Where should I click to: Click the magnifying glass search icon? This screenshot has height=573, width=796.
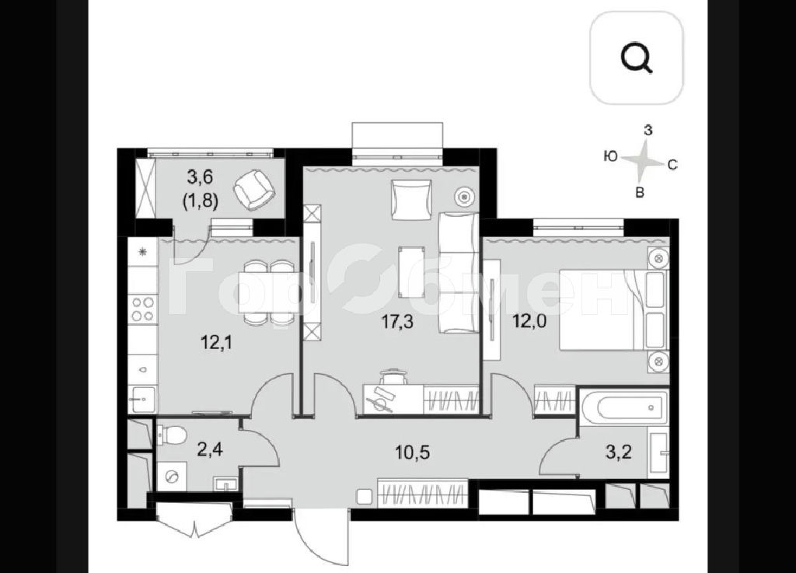[637, 58]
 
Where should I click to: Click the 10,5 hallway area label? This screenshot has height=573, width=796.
[413, 452]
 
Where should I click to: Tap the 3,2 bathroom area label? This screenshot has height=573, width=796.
[618, 451]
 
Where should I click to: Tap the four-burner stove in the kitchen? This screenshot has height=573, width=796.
[143, 309]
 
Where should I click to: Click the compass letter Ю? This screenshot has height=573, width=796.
[611, 156]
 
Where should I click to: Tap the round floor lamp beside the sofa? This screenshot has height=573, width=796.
[465, 196]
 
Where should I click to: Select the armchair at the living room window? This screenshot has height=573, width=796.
[411, 200]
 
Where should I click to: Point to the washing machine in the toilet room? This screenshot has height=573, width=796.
[173, 477]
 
